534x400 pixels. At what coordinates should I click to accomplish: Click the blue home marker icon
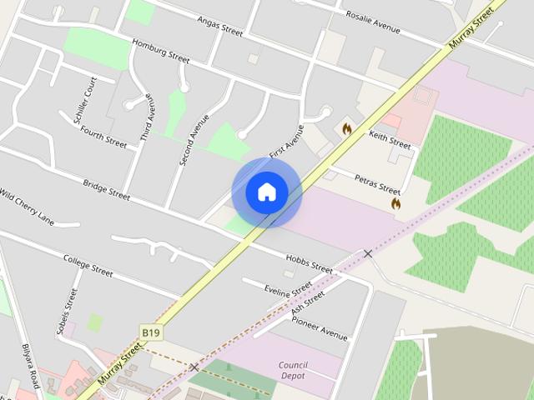[x=267, y=192]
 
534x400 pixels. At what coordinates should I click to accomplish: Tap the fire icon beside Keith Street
[x=346, y=129]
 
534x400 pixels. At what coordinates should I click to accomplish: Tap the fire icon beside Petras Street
[x=395, y=202]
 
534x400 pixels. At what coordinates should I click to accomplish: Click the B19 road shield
[x=150, y=332]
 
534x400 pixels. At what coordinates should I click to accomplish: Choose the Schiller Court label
[x=86, y=100]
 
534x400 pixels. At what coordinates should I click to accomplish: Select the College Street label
[x=88, y=265]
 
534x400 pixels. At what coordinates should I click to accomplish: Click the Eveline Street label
[x=288, y=292]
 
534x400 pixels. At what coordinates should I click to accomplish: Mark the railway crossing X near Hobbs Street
[x=367, y=253]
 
